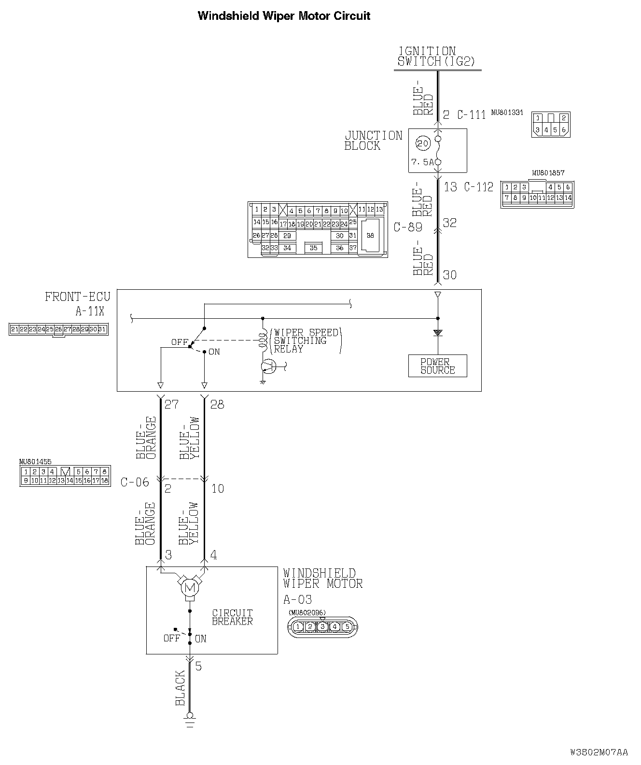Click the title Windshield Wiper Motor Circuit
[x=284, y=16]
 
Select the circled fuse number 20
[x=423, y=143]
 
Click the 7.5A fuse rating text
[x=422, y=162]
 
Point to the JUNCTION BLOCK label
[x=373, y=141]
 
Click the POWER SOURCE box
[x=437, y=366]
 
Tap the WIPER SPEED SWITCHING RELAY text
[x=306, y=341]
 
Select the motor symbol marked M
[x=189, y=588]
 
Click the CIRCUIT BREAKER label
[x=232, y=617]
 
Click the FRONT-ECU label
[x=77, y=297]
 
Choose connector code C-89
[x=408, y=227]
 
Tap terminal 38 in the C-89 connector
[x=370, y=235]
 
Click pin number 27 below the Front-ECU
[x=171, y=404]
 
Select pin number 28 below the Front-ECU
[x=217, y=404]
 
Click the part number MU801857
[x=548, y=172]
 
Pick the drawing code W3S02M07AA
[x=599, y=752]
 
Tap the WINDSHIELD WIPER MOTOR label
[x=322, y=578]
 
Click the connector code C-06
[x=135, y=482]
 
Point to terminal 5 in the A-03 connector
[x=346, y=627]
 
